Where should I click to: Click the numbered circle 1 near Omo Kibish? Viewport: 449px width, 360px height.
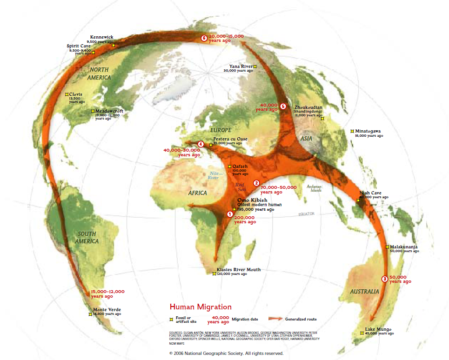tap(229, 214)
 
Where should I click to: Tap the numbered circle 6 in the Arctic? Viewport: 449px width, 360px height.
tap(203, 38)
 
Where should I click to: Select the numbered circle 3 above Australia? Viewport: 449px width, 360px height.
tap(384, 279)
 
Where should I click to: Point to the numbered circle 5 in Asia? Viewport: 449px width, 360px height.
tap(283, 107)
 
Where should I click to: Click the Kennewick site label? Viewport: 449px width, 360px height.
tap(101, 37)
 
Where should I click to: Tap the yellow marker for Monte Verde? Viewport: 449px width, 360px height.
tap(90, 314)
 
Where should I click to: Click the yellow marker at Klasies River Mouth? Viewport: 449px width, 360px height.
tap(214, 273)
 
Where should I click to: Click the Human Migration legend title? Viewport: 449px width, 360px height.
tap(200, 307)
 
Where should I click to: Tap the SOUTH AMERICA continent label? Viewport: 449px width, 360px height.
tap(88, 237)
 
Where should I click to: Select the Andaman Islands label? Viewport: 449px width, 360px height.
tap(314, 188)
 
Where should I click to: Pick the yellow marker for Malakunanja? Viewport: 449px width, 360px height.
tap(387, 247)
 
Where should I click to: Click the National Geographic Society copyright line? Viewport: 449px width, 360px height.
tap(226, 353)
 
